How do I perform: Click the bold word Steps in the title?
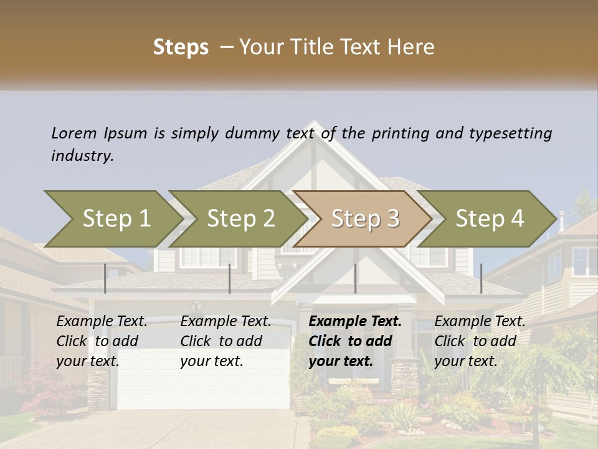(x=181, y=47)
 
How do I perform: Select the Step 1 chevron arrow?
(x=112, y=219)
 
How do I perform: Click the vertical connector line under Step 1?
(x=105, y=278)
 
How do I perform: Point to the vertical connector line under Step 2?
(x=230, y=278)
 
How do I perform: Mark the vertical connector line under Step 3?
(x=355, y=278)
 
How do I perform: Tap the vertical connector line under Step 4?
(x=481, y=278)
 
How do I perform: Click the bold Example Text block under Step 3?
(x=355, y=341)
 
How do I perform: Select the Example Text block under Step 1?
(x=102, y=341)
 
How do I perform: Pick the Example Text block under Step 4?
(x=480, y=341)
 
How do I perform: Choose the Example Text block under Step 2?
(x=225, y=341)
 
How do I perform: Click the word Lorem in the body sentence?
(x=74, y=133)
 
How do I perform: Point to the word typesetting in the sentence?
(x=510, y=133)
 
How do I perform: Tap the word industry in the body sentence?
(x=82, y=156)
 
